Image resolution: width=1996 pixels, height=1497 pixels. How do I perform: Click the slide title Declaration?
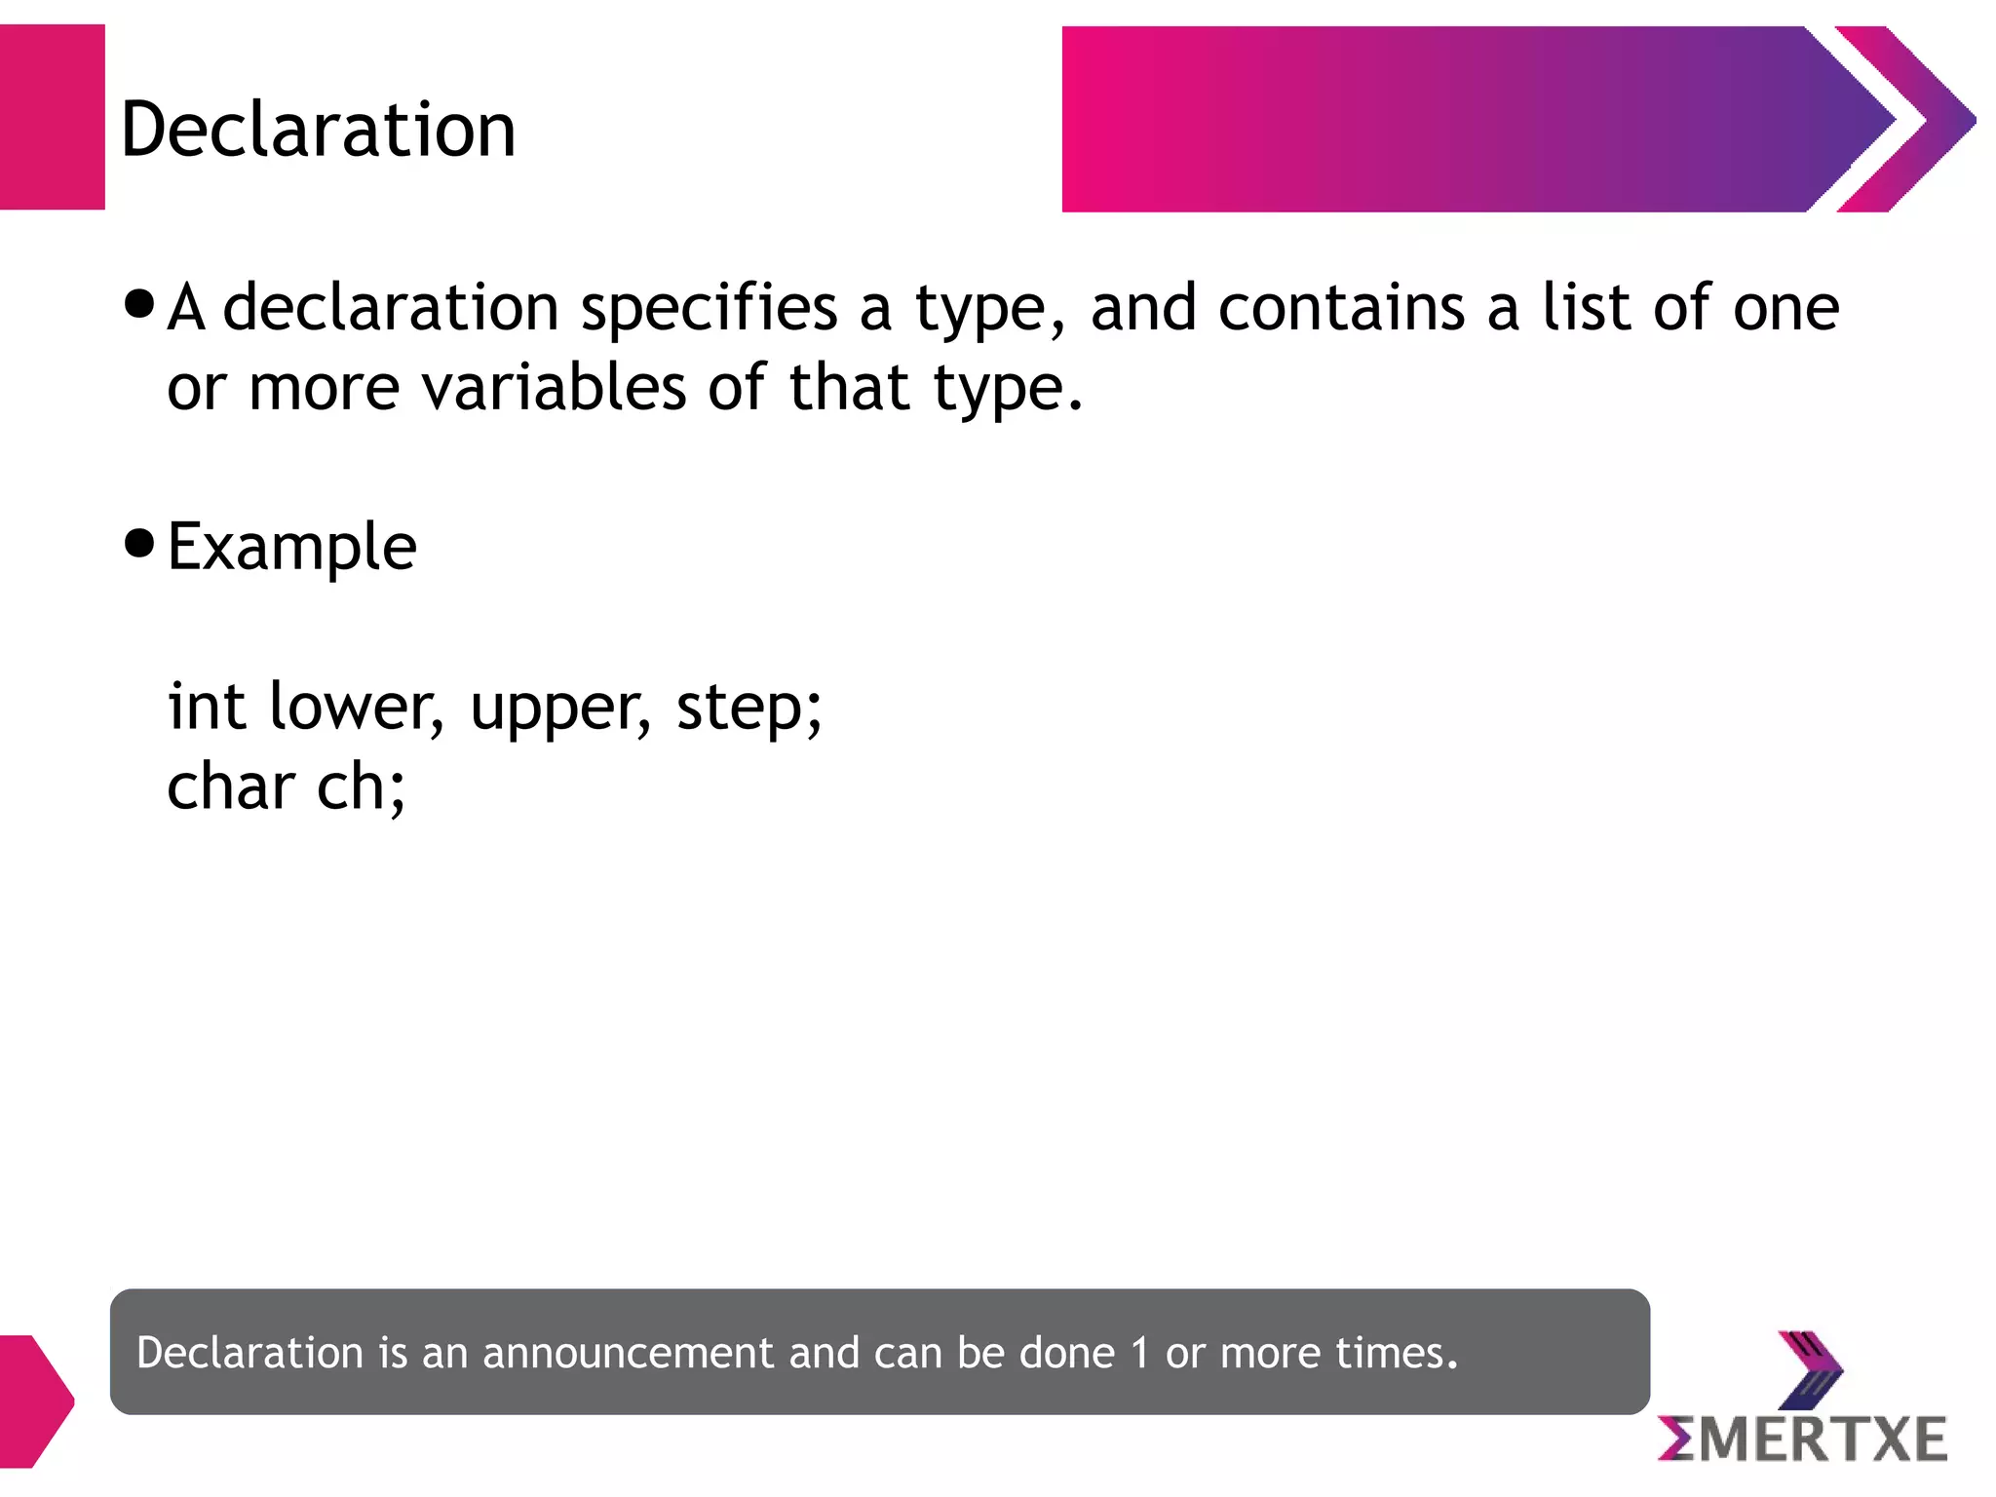point(318,130)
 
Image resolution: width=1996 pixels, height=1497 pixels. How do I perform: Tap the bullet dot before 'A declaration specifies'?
point(140,304)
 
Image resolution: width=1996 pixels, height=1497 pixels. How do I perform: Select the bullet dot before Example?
point(140,543)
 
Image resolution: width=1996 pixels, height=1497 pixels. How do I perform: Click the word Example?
point(291,547)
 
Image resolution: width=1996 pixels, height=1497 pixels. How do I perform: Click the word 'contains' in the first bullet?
point(1342,308)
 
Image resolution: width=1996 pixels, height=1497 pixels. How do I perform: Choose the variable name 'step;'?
point(749,708)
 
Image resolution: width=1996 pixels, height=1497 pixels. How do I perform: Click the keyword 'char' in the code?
point(231,787)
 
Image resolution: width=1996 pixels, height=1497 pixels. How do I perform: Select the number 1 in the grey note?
point(1139,1353)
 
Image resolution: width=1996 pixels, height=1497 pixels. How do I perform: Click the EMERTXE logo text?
point(1802,1439)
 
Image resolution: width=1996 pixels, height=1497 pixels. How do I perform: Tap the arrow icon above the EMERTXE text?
point(1810,1368)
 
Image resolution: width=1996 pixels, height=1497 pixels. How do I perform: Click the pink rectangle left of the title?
point(52,117)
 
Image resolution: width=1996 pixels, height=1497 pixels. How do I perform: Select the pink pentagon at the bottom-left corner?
point(34,1401)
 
